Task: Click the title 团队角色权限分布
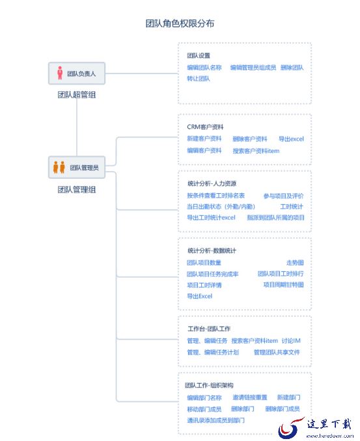[180, 23]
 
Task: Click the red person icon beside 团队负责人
[60, 73]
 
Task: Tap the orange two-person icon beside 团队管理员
[59, 167]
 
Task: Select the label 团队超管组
[77, 94]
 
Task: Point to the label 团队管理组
[77, 189]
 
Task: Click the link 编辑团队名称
[204, 68]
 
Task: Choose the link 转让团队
[199, 79]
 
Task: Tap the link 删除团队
[292, 68]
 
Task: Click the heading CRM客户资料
[205, 127]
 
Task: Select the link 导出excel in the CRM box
[292, 139]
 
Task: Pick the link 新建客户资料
[204, 139]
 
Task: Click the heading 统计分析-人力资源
[212, 183]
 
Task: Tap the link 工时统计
[292, 207]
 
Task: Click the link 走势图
[295, 263]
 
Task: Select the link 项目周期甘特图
[283, 285]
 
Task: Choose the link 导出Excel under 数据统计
[200, 296]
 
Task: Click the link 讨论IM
[291, 341]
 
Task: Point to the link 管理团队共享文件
[277, 352]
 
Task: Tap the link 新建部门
[288, 397]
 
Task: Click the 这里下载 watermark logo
[316, 428]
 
